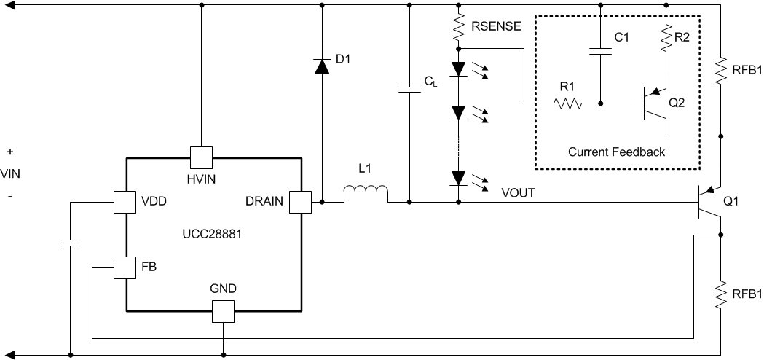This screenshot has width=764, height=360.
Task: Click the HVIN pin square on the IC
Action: pos(201,157)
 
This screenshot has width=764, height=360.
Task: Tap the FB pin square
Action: pos(125,267)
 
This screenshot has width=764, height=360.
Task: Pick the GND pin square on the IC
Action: pos(223,312)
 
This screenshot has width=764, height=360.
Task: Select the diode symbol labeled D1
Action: pos(321,66)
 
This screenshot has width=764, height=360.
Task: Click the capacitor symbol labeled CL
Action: pos(409,90)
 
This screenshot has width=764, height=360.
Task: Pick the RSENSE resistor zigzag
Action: pos(458,28)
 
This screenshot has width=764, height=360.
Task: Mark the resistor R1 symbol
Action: pos(568,103)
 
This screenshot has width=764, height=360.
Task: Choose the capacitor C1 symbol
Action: pos(600,52)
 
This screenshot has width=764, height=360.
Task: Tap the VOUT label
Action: pos(519,193)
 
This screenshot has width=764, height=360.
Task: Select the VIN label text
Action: pos(11,173)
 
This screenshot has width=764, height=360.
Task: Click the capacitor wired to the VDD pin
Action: pos(70,242)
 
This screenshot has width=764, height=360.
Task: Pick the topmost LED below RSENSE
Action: pos(458,69)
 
